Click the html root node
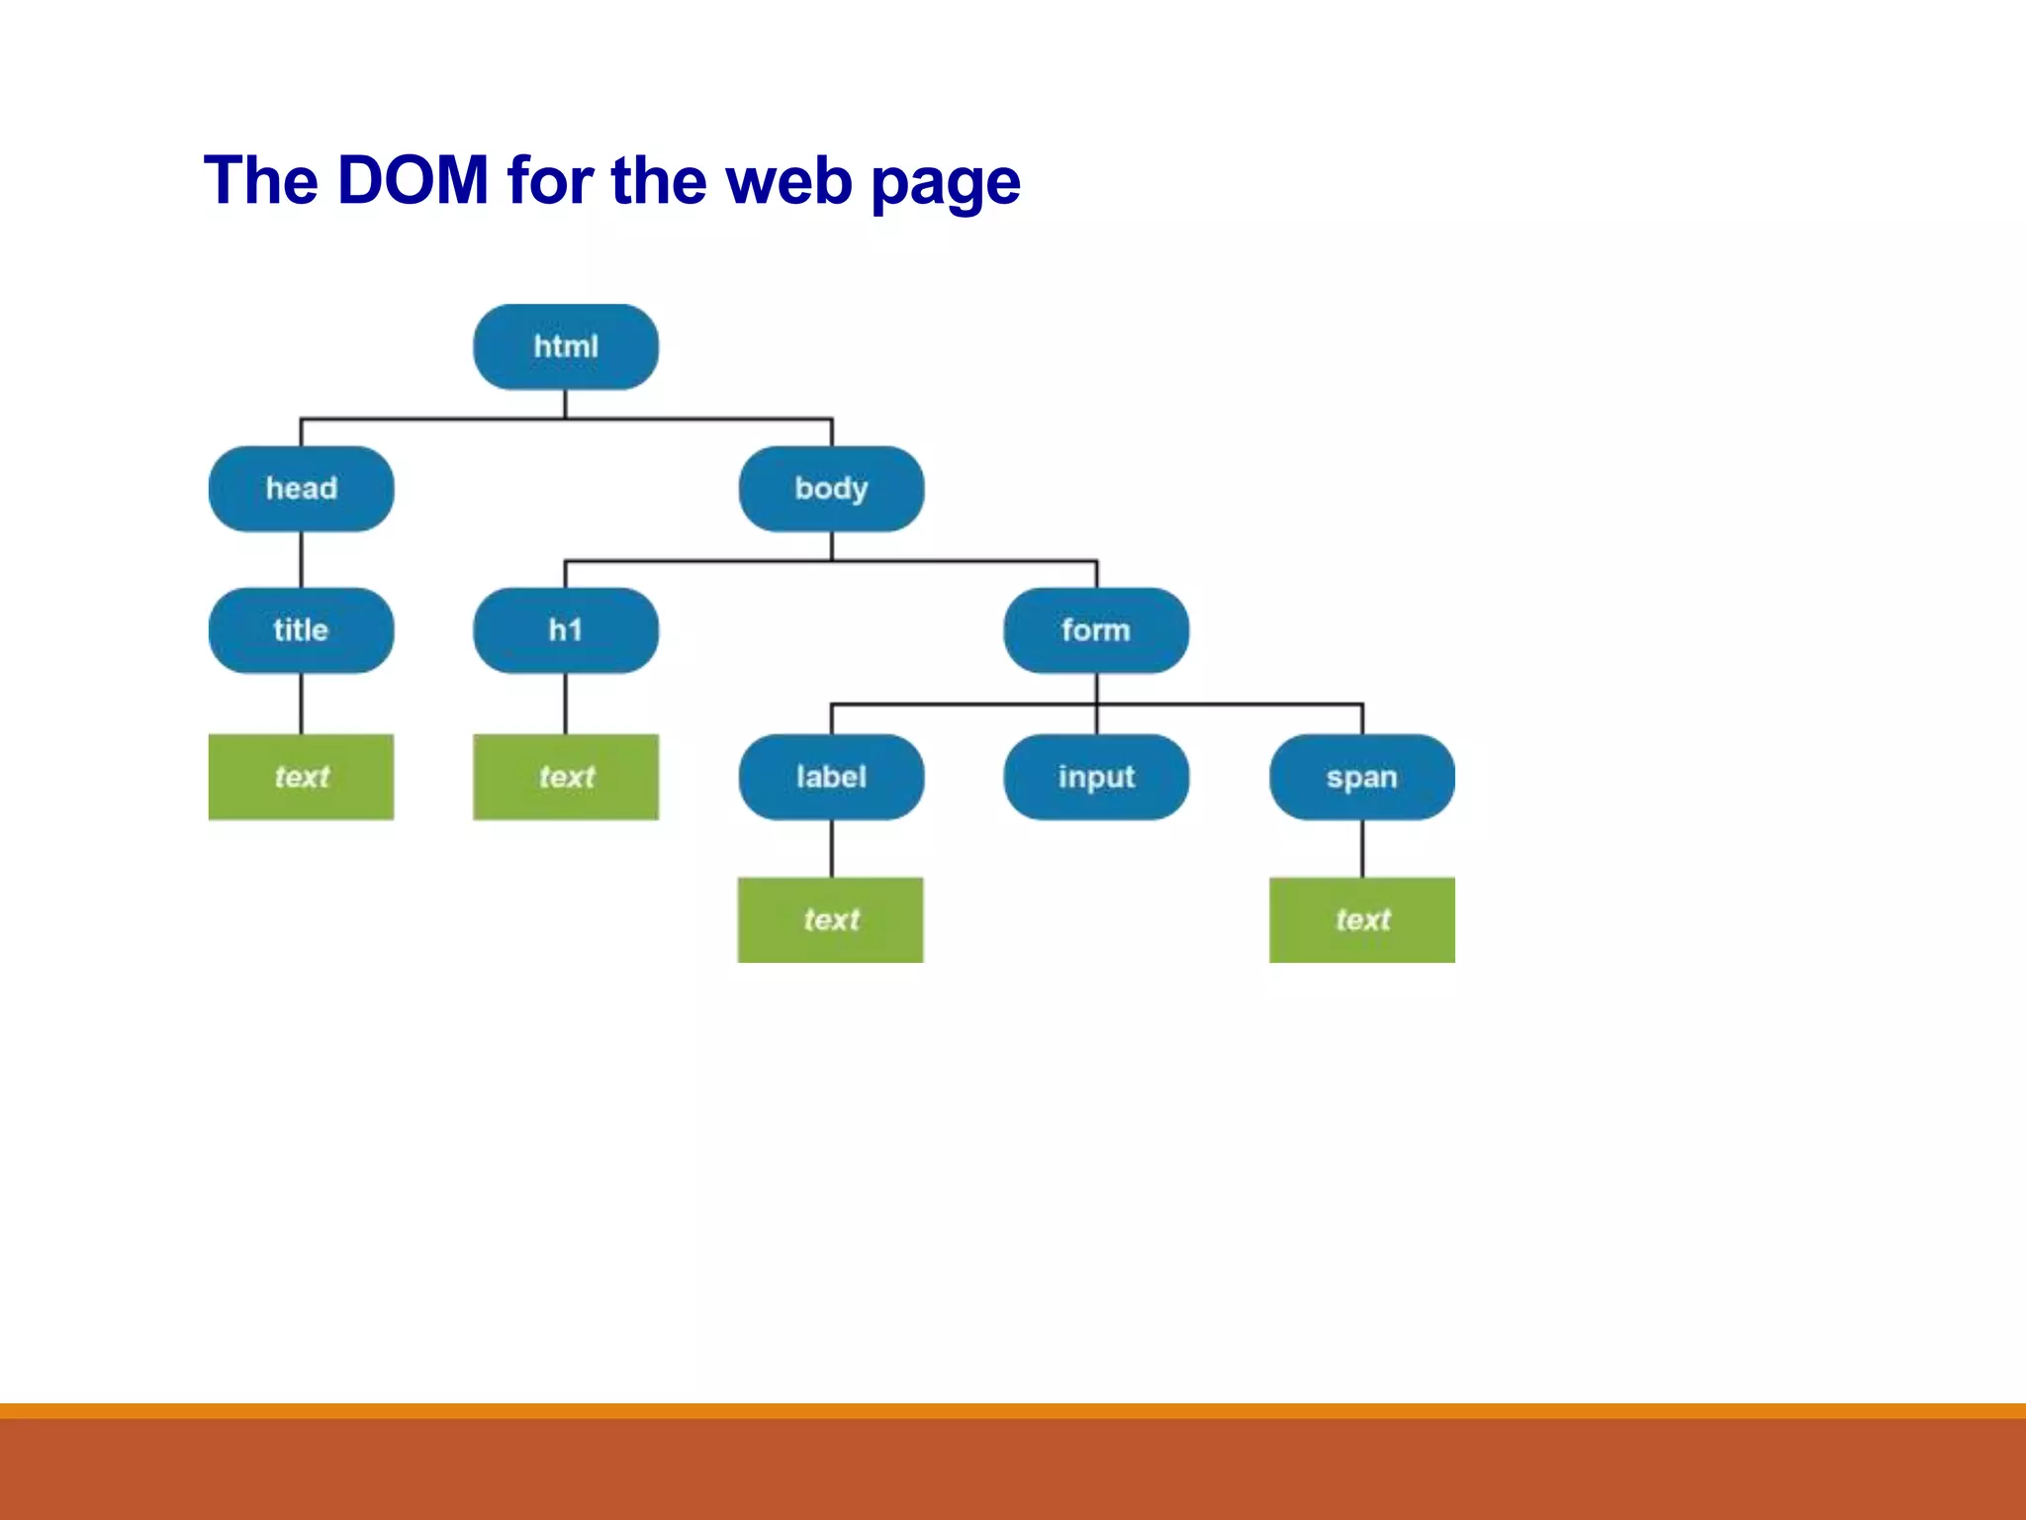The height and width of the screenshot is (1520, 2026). point(566,347)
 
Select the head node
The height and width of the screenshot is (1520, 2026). point(302,489)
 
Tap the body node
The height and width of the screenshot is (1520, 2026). point(831,489)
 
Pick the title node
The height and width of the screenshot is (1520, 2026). point(302,630)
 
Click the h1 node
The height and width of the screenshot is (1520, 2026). point(566,630)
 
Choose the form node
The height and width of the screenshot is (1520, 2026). point(1096,630)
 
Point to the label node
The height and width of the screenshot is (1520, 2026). point(831,777)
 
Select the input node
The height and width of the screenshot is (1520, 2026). point(1096,777)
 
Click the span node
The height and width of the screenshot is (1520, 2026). point(1362,777)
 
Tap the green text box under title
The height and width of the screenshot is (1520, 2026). point(302,777)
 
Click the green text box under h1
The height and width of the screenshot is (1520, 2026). point(566,777)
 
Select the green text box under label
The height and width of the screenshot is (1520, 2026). point(831,919)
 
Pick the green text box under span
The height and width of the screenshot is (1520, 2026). point(1362,919)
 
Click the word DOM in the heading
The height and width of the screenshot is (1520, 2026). point(413,181)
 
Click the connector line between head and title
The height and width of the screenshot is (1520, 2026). point(302,560)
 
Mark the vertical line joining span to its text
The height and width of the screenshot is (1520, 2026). point(1362,848)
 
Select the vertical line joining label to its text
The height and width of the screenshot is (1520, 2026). point(831,848)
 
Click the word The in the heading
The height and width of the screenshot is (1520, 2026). point(261,181)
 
